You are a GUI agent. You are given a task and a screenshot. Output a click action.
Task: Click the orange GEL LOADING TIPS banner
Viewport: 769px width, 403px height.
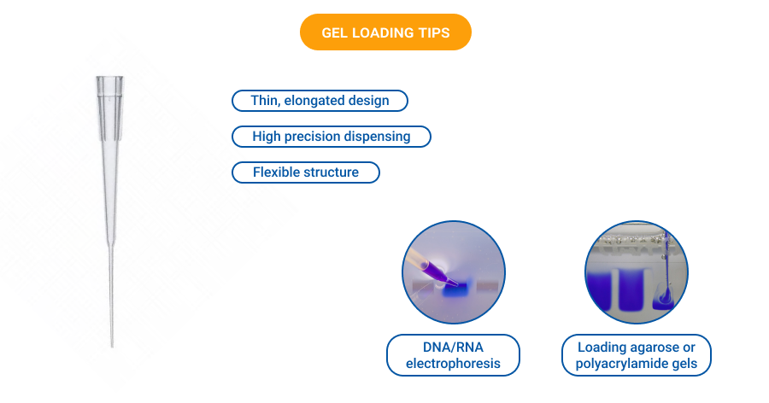coord(385,32)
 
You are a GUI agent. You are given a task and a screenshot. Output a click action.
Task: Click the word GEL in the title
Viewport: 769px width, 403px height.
coord(336,32)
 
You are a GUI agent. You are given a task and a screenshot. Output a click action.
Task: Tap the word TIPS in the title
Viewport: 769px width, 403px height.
coord(431,32)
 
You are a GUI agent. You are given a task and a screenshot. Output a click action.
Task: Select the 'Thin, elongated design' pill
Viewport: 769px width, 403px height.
coord(320,101)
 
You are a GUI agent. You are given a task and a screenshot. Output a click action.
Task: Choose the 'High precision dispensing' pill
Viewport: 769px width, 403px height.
coord(332,137)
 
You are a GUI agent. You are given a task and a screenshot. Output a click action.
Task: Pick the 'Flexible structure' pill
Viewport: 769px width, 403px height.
coord(305,172)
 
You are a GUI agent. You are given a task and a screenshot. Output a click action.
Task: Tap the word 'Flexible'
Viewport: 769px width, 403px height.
coord(279,172)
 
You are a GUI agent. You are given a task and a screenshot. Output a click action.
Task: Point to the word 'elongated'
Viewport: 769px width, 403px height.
coord(315,101)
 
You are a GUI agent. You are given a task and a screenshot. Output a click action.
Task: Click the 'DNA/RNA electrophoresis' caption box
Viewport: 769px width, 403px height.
coord(453,355)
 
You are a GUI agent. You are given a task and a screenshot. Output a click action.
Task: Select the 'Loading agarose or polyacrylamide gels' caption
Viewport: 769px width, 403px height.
coord(637,355)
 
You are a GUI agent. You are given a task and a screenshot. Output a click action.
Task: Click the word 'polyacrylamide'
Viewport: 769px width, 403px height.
coord(619,365)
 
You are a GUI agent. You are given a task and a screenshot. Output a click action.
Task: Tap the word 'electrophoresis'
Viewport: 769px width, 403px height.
coord(453,365)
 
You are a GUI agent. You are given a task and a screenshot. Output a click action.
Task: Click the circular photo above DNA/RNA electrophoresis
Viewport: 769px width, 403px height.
coord(453,272)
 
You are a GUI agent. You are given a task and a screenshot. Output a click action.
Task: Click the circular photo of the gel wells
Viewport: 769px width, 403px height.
coord(637,272)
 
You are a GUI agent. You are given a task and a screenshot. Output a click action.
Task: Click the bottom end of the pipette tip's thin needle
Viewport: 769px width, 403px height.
coord(112,344)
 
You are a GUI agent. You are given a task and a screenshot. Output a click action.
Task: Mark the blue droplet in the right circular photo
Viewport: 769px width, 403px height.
coord(663,298)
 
